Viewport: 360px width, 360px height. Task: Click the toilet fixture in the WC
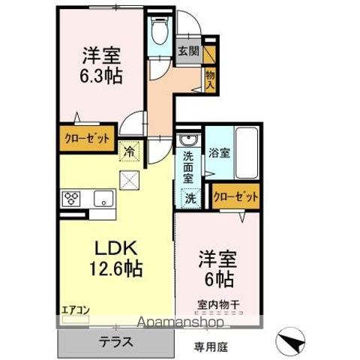click(160, 31)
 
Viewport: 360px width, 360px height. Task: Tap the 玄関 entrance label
click(189, 51)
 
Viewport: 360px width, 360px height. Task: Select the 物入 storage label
click(210, 79)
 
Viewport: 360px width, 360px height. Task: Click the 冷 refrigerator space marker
click(129, 151)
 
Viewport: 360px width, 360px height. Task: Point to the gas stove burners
click(71, 199)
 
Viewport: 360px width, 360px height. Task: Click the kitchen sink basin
click(103, 198)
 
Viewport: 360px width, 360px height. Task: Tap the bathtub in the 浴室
click(247, 153)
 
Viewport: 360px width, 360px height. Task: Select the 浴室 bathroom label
click(219, 153)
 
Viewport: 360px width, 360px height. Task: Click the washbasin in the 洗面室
click(190, 140)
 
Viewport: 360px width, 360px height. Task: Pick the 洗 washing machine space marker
click(191, 199)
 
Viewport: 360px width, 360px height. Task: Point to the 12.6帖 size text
click(115, 268)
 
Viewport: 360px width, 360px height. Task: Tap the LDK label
click(115, 247)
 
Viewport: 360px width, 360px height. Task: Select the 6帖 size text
click(220, 279)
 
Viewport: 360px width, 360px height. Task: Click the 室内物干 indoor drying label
click(219, 304)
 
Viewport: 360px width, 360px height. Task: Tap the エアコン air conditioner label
click(76, 310)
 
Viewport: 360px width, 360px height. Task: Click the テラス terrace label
click(115, 342)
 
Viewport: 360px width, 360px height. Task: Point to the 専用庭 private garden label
click(211, 347)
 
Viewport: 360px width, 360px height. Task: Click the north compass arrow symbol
click(290, 342)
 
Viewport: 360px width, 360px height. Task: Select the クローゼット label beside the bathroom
click(235, 196)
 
